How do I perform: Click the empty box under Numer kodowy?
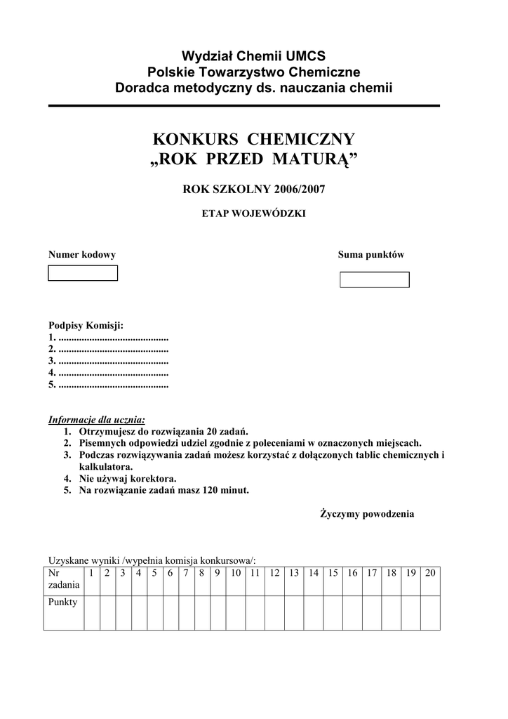[x=83, y=273]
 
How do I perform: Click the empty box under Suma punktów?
[x=374, y=279]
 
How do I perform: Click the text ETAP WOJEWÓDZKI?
[x=254, y=213]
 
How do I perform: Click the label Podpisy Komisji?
[x=86, y=325]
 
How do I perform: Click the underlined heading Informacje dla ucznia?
[x=97, y=419]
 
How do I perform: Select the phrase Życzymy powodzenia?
[x=367, y=514]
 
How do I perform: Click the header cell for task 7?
[x=186, y=573]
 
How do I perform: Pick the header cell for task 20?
[x=430, y=573]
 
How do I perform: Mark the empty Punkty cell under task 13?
[x=294, y=612]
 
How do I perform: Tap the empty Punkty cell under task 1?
[x=91, y=612]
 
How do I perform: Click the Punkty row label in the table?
[x=62, y=602]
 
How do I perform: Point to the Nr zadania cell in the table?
[x=63, y=579]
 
